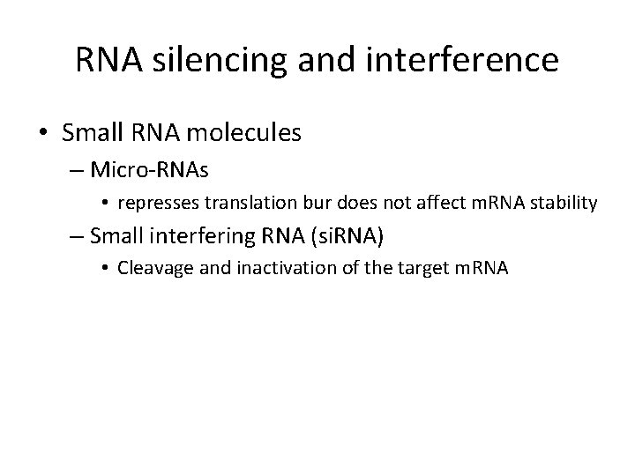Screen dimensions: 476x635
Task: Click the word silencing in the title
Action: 200,60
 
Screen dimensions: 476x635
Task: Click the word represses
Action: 150,204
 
